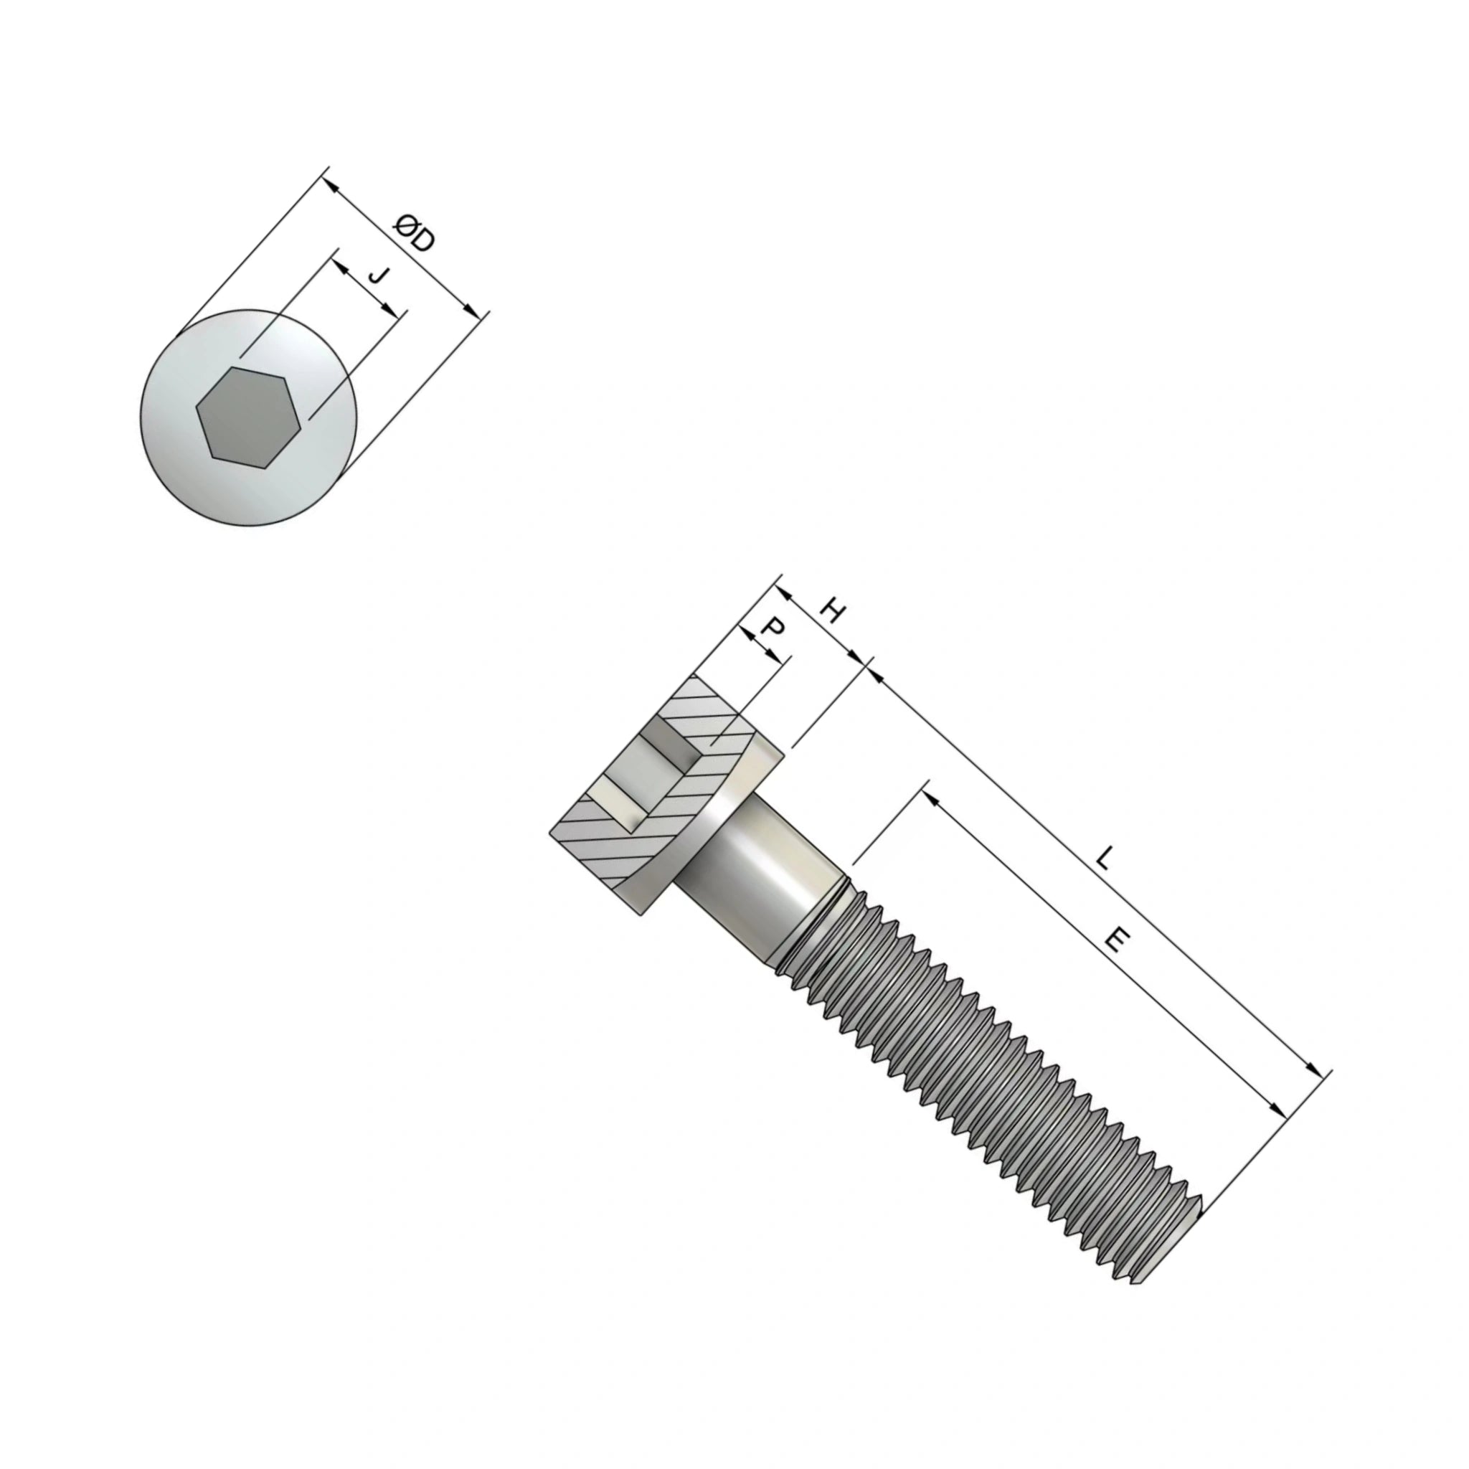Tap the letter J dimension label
pyautogui.click(x=378, y=275)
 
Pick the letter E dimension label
pyautogui.click(x=1114, y=940)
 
